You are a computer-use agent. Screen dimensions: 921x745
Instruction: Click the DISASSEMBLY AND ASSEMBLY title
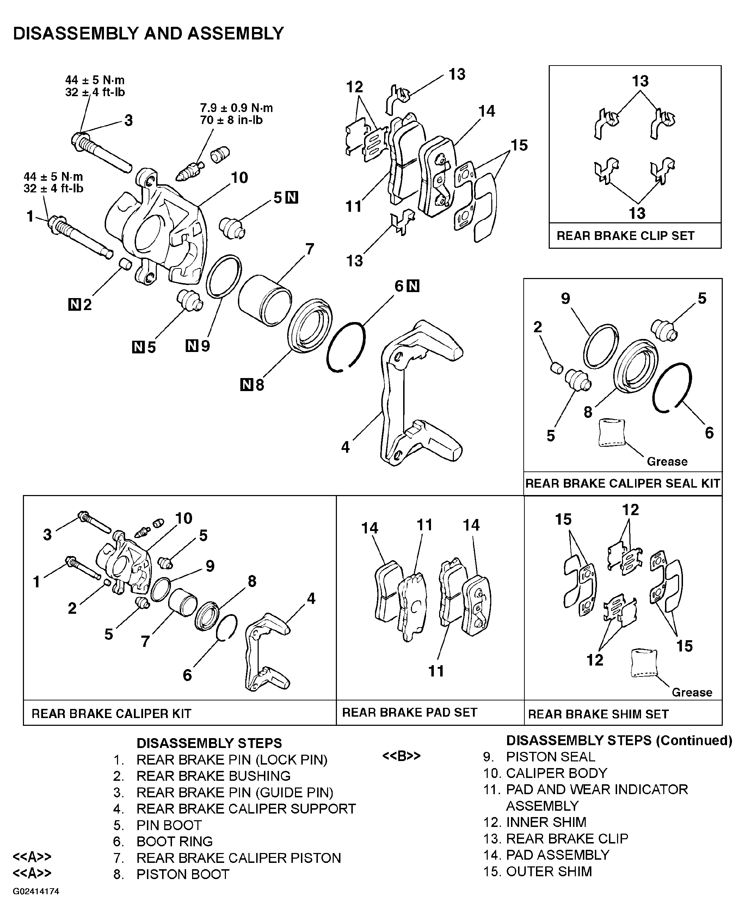148,33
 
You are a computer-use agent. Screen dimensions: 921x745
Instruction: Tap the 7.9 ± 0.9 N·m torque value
236,108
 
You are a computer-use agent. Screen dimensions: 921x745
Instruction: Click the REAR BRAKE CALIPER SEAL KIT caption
622,483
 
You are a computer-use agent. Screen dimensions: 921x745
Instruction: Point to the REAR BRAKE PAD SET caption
410,712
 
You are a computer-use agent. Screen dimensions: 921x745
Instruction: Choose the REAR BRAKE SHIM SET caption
598,714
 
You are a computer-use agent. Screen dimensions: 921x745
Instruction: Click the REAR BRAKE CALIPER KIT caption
112,713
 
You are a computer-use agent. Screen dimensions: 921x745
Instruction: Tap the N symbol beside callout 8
246,385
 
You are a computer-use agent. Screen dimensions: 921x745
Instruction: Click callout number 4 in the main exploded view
345,447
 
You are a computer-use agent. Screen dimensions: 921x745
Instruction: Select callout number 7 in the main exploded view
310,249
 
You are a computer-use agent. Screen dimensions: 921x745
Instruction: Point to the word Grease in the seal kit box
667,462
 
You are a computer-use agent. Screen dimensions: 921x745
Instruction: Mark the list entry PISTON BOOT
183,874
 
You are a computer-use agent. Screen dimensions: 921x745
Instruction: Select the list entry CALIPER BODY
556,773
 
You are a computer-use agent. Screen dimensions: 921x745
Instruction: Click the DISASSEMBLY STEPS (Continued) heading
619,740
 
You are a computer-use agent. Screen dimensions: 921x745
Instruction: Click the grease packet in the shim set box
644,663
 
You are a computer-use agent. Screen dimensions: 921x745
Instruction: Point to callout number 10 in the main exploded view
240,177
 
